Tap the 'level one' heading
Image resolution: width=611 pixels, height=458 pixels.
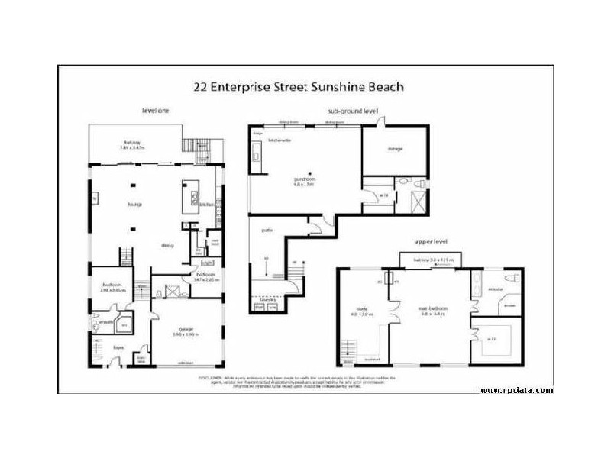pyautogui.click(x=155, y=111)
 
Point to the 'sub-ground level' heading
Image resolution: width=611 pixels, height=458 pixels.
pyautogui.click(x=352, y=111)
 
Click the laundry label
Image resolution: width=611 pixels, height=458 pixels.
pyautogui.click(x=267, y=301)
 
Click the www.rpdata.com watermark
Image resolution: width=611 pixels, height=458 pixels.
pyautogui.click(x=517, y=391)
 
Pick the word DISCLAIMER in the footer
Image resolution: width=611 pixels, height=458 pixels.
pyautogui.click(x=212, y=377)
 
